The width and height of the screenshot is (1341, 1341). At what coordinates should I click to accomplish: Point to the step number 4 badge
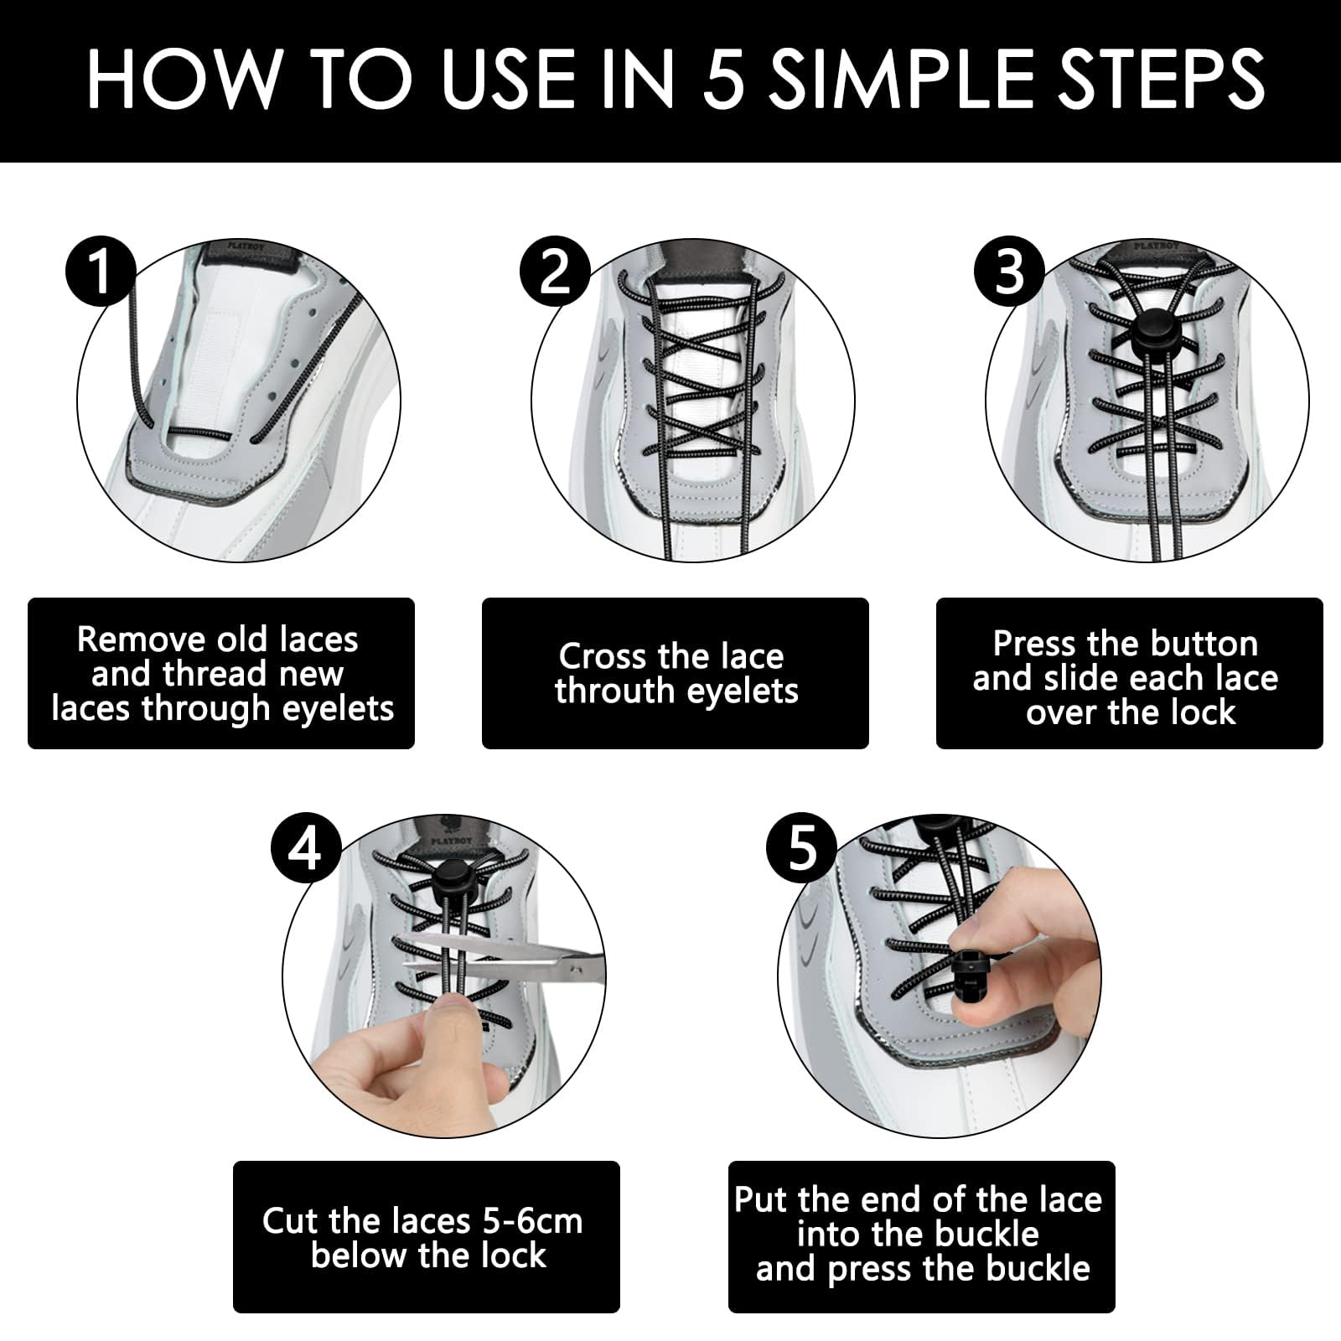point(306,848)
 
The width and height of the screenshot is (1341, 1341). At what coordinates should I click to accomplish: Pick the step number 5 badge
point(802,848)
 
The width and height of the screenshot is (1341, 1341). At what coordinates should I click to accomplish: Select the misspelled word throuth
point(612,691)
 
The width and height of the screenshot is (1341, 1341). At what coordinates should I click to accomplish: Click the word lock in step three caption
point(1204,712)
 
